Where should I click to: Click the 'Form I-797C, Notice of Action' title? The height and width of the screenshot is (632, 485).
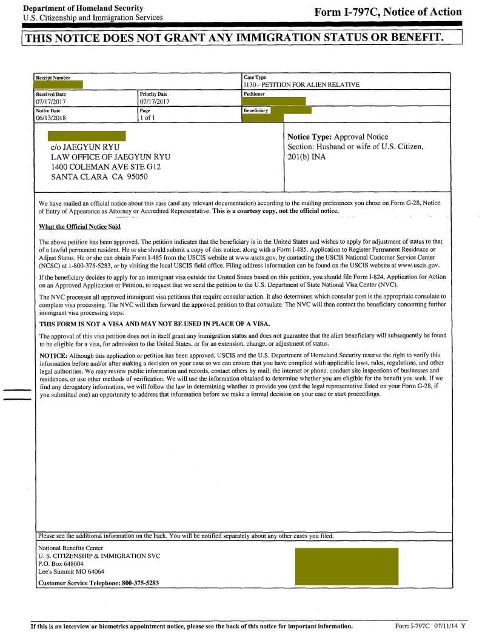[x=388, y=12]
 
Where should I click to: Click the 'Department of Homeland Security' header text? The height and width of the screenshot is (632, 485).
[x=83, y=8]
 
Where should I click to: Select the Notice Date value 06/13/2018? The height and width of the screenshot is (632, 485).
[x=52, y=118]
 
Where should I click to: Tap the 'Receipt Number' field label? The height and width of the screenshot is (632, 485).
[x=53, y=78]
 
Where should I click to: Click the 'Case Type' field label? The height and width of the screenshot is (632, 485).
[x=255, y=77]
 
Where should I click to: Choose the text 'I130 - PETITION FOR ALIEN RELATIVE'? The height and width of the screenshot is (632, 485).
[x=301, y=85]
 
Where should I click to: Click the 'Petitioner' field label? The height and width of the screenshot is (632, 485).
[x=255, y=94]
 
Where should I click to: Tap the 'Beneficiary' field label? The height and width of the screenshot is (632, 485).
[x=255, y=111]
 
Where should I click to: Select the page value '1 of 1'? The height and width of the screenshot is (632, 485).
[x=147, y=118]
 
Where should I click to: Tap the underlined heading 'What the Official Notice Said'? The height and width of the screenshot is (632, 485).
[x=79, y=226]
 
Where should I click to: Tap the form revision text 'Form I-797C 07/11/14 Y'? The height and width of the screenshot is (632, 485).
[x=430, y=625]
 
